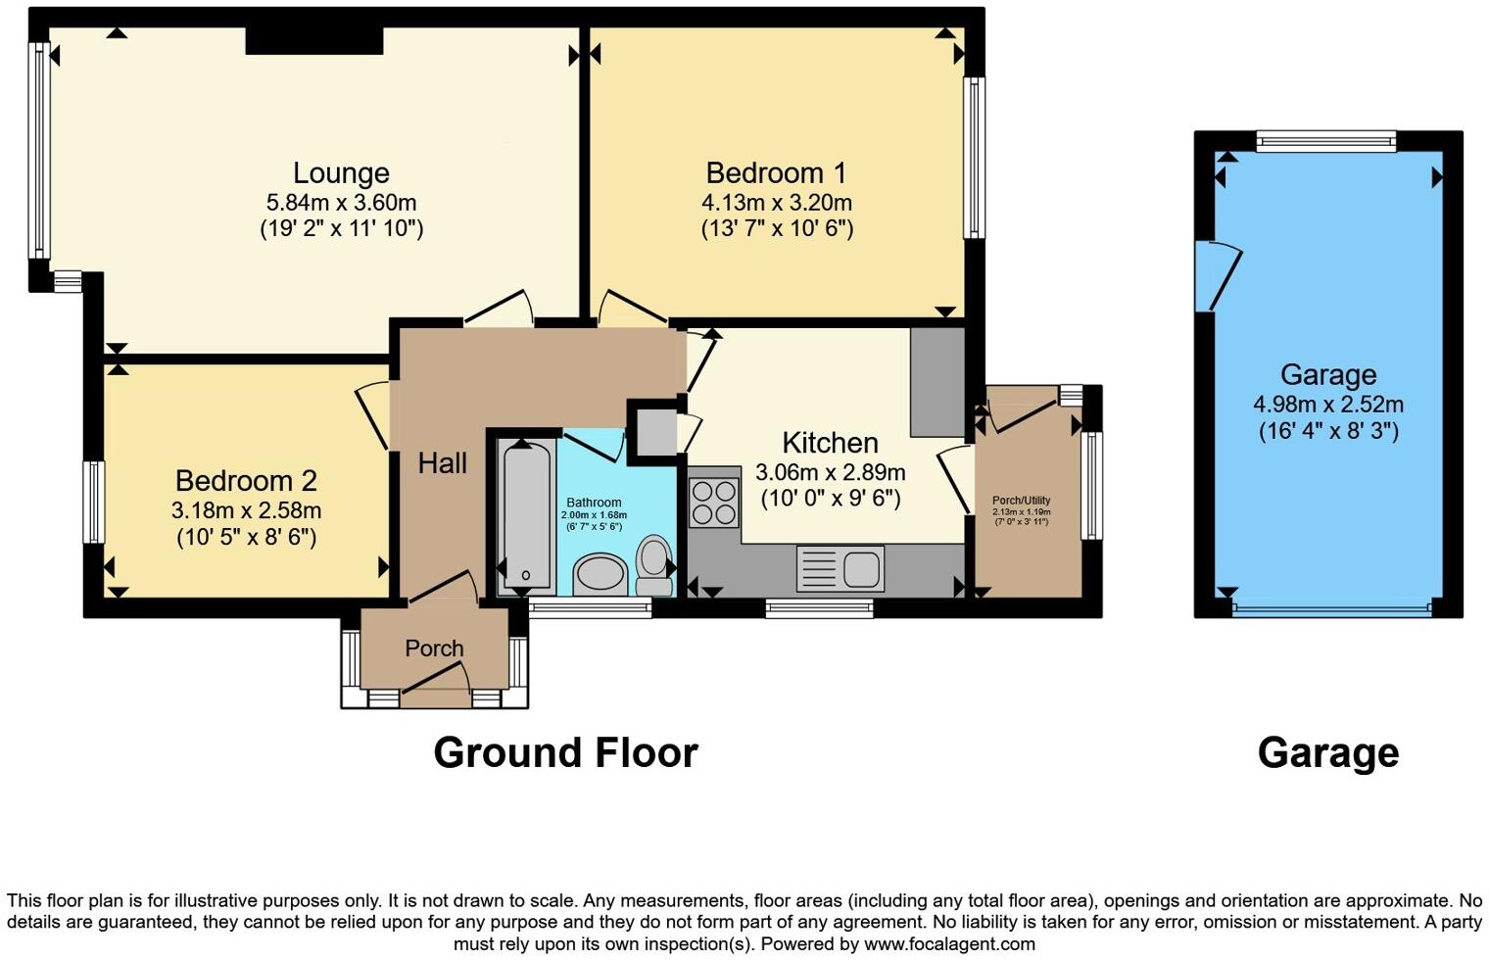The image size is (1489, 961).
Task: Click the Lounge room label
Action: (x=341, y=173)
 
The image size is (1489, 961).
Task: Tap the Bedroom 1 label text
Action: (x=775, y=173)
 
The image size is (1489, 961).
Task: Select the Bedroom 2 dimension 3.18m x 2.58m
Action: (x=246, y=510)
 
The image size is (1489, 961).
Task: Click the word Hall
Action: (x=442, y=463)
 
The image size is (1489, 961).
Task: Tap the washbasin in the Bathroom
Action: (x=599, y=574)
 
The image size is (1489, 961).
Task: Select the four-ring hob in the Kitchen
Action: (x=713, y=501)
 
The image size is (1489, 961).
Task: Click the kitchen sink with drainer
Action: (x=841, y=569)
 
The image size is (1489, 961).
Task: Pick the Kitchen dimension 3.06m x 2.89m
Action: (x=830, y=472)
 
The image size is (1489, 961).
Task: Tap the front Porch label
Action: (x=434, y=649)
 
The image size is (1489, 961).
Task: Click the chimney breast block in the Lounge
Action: (x=313, y=40)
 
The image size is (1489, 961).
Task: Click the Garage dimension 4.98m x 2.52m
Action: (x=1327, y=405)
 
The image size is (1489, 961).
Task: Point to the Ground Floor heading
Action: (x=565, y=753)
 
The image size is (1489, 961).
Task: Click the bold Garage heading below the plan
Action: (x=1327, y=753)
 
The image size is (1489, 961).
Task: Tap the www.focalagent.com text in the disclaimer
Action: (x=948, y=944)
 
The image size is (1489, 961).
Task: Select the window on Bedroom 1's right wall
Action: (x=974, y=158)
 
